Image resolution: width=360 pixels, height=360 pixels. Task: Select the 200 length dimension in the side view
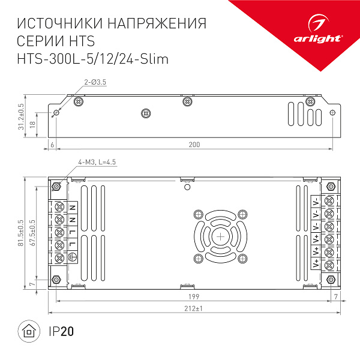[194, 145]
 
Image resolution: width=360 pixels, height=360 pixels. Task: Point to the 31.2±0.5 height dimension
[22, 116]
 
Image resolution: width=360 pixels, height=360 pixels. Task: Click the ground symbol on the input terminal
[74, 258]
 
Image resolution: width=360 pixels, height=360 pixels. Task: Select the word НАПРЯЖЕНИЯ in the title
[151, 24]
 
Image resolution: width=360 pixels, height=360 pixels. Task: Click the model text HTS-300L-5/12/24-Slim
[93, 59]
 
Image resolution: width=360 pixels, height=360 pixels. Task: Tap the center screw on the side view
[144, 113]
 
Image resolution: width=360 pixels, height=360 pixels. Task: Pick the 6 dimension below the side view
[53, 145]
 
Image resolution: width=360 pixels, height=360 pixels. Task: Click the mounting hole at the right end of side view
[334, 112]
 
